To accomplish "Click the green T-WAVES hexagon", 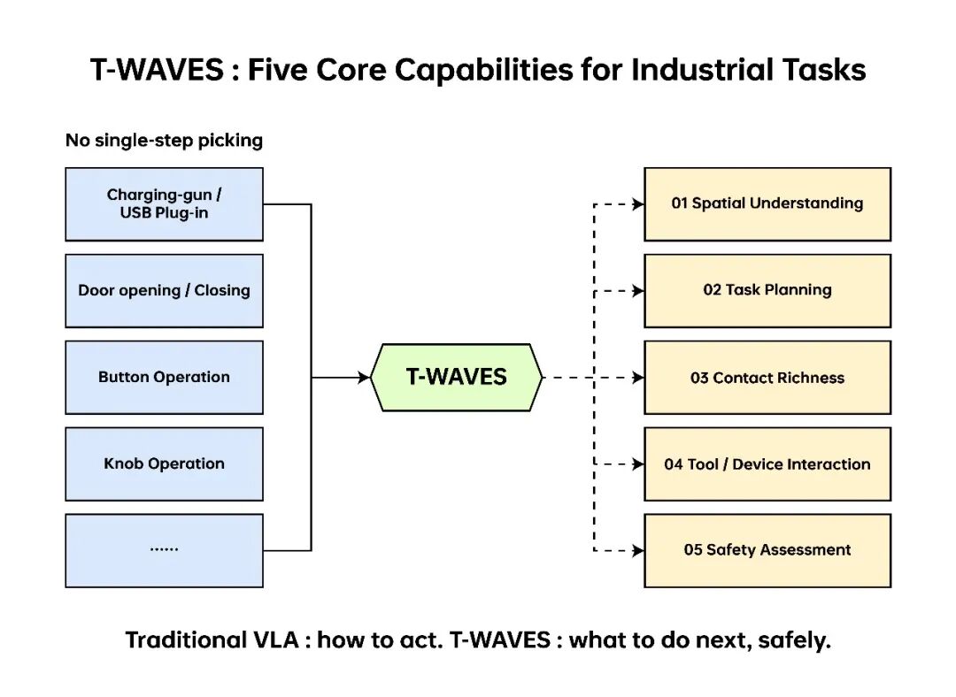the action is click(456, 377).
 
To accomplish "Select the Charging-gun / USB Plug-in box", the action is click(164, 204).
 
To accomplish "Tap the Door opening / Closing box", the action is click(164, 291).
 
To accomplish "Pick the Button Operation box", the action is click(164, 377).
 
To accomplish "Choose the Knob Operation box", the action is click(164, 463).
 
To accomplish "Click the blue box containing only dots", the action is click(164, 550).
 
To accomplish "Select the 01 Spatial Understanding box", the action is click(767, 204).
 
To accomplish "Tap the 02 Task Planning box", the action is click(767, 291).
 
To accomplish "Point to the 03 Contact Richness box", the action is click(767, 377).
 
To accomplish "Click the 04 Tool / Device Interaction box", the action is click(767, 463).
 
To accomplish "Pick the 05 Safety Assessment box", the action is click(767, 550).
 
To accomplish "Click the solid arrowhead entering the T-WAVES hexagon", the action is click(364, 377).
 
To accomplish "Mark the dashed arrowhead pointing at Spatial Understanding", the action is click(637, 204).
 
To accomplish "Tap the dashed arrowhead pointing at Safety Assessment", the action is click(637, 551).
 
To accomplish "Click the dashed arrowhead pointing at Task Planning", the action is click(637, 291).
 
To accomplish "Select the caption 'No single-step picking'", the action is click(164, 140).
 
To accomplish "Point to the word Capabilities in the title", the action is click(484, 71).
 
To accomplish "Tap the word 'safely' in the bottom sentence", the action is click(794, 640).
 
